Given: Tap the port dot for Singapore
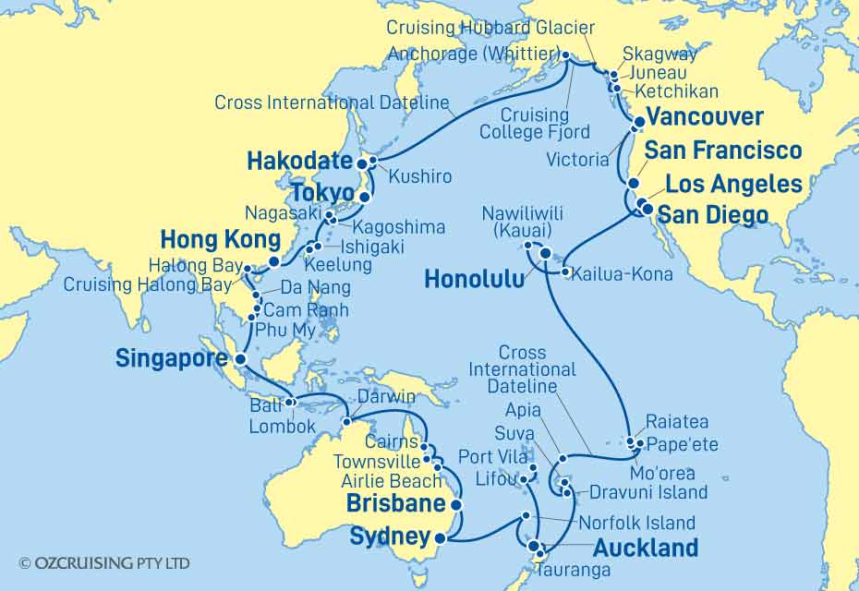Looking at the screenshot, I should click(240, 359).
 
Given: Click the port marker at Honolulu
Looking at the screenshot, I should click(545, 254).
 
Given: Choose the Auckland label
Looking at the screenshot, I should click(646, 548).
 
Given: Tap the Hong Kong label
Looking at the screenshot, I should click(219, 241).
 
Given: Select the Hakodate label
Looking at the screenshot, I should click(300, 162).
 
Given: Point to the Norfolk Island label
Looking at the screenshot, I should click(636, 522).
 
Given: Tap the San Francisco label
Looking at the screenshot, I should click(722, 151).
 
